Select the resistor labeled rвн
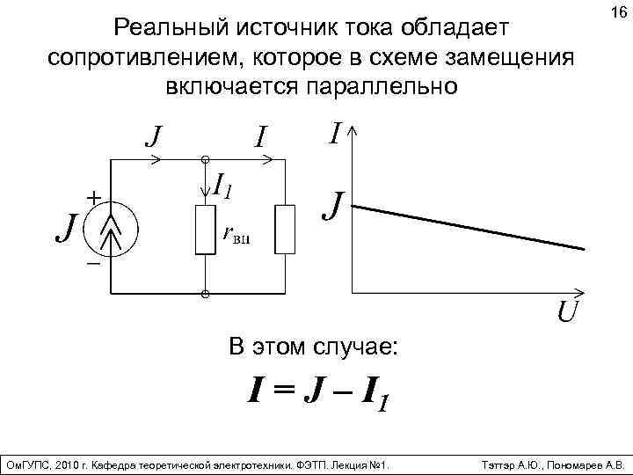[x=206, y=230]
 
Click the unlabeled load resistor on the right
[x=285, y=230]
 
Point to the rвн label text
[x=236, y=235]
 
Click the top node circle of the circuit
[x=206, y=160]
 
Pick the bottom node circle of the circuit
[x=206, y=293]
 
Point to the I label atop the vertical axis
[x=334, y=134]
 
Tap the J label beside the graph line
[x=332, y=208]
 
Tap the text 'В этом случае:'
[x=312, y=347]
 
